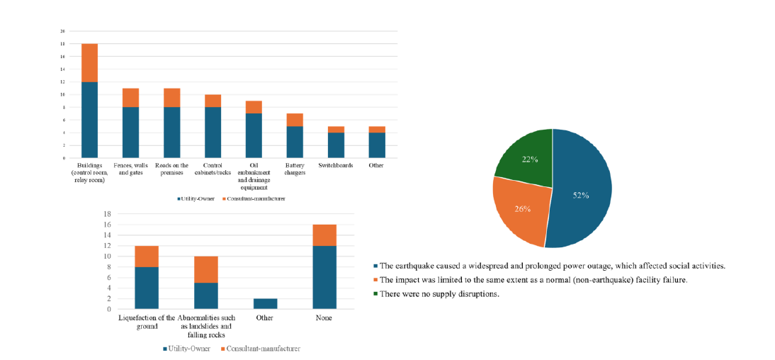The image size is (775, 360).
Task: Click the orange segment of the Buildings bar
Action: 89,63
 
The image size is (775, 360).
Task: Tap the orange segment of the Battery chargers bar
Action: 294,120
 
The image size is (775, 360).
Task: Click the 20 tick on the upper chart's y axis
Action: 62,32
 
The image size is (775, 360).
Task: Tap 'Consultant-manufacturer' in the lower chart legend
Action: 263,349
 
